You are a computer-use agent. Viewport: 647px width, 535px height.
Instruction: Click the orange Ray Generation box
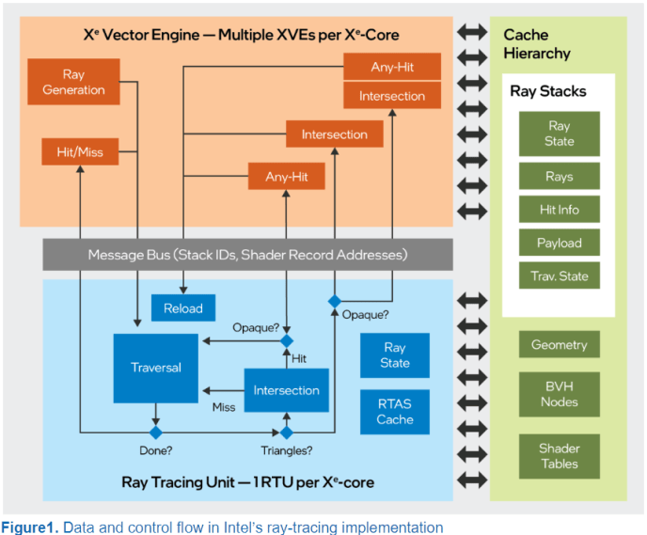pos(73,82)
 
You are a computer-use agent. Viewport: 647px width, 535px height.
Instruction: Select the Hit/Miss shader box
pos(72,151)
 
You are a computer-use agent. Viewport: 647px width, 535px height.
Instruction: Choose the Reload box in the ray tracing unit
pos(182,308)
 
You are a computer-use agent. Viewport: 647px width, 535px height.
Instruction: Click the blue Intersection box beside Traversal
pos(287,390)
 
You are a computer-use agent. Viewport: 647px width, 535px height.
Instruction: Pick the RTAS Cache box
pos(395,412)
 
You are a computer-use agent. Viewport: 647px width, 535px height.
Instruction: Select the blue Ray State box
pos(395,355)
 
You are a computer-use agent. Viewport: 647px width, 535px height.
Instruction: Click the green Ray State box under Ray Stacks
pos(559,134)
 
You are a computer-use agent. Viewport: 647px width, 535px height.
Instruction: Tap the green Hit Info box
pos(559,210)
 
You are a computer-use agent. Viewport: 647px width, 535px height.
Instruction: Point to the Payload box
pos(559,243)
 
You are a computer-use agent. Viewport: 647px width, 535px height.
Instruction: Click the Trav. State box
pos(559,275)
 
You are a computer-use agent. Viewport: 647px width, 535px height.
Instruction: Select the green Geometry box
pos(559,344)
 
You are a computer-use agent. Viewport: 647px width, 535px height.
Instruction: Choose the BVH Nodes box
pos(559,395)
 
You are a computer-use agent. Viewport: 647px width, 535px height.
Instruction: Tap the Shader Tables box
pos(559,456)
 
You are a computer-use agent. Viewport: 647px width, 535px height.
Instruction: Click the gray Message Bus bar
pos(247,255)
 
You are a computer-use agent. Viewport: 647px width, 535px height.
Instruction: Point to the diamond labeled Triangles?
pos(287,433)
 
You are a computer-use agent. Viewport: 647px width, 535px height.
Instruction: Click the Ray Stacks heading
pos(548,91)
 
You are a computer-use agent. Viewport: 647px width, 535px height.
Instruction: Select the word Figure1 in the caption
pos(29,527)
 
